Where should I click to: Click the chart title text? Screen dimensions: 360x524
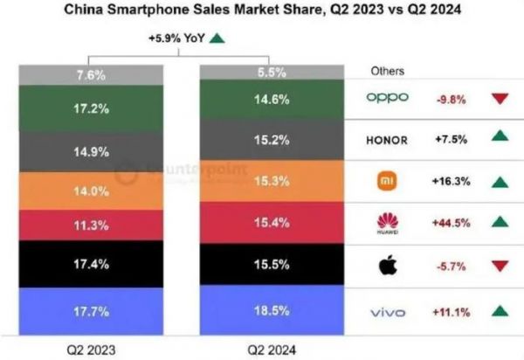tap(262, 11)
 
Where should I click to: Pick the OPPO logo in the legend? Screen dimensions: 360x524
tap(389, 98)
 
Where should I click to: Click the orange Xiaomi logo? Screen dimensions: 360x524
tap(389, 182)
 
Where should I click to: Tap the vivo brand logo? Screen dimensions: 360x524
tap(389, 309)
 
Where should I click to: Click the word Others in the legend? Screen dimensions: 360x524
tap(388, 70)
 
